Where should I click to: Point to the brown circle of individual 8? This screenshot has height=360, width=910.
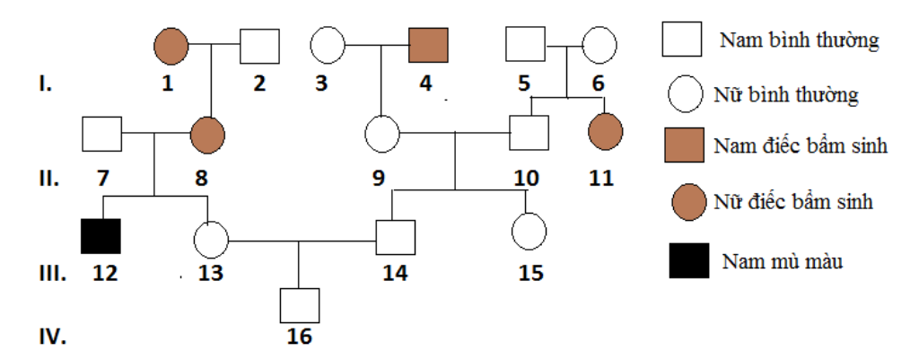click(207, 136)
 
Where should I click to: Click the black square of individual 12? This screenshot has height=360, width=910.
click(101, 235)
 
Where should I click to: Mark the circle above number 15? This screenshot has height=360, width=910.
click(529, 232)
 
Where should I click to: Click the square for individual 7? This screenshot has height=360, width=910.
click(101, 136)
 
